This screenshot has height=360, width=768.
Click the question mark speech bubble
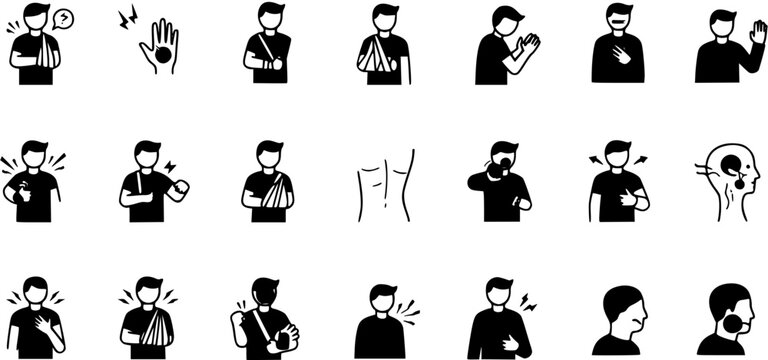coord(64,18)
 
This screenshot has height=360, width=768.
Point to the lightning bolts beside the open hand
coord(128,18)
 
